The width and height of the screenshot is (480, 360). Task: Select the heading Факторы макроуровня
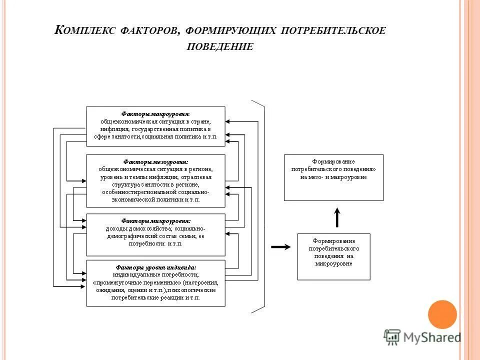point(155,113)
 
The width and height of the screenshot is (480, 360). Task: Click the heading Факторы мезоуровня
point(155,162)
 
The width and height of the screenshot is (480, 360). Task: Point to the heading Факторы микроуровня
point(155,220)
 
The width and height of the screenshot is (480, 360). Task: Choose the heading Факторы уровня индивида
point(155,267)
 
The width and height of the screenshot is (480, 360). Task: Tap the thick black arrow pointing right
point(280,247)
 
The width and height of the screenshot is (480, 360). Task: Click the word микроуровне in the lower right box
point(334,263)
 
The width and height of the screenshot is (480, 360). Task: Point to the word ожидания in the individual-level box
point(106,290)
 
